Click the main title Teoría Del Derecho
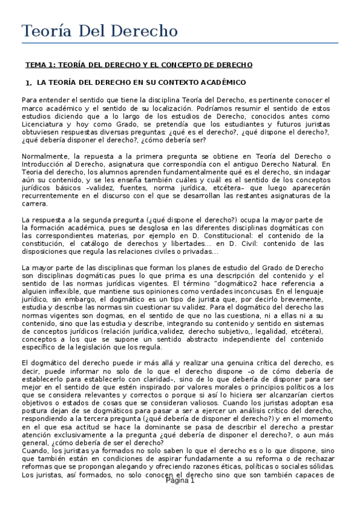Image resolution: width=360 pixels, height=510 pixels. pyautogui.click(x=100, y=31)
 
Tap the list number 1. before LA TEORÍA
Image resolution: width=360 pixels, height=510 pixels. pyautogui.click(x=28, y=82)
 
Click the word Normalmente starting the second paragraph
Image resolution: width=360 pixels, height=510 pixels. pyautogui.click(x=46, y=156)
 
